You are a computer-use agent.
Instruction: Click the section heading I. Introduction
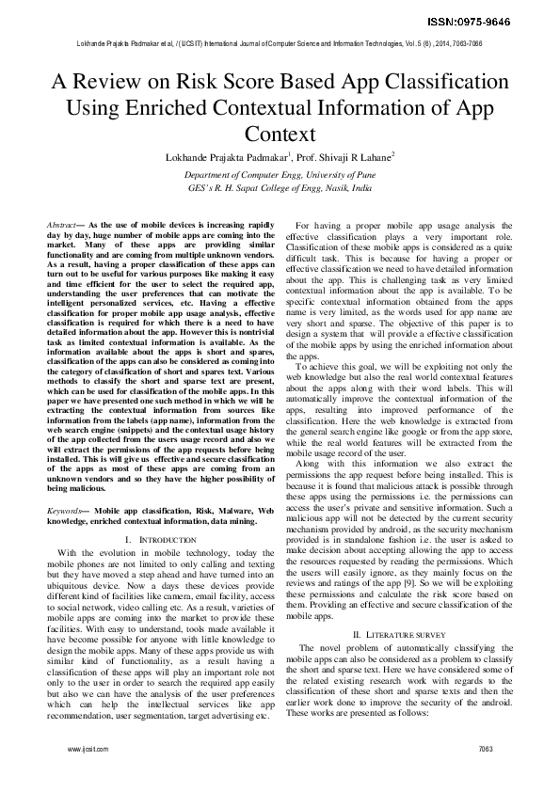pyautogui.click(x=160, y=540)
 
